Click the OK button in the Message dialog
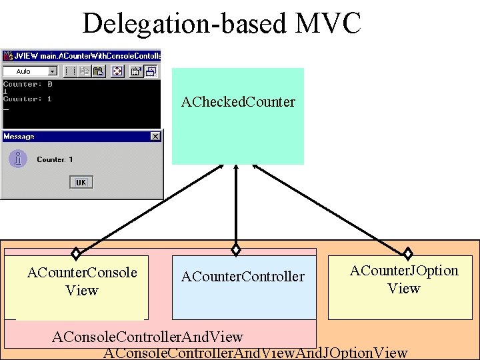point(81,182)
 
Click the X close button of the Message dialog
point(155,137)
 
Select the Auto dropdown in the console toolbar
point(31,71)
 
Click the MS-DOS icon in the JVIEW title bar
point(7,55)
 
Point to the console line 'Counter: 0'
point(28,85)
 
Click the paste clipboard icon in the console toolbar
point(98,71)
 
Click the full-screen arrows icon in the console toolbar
point(116,71)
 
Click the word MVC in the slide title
point(326,24)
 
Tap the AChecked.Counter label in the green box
point(238,102)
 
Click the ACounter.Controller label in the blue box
point(243,277)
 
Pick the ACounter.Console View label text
point(82,281)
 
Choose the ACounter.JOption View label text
point(404,279)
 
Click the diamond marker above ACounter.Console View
point(76,253)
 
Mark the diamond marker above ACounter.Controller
point(235,249)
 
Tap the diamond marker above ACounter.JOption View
point(408,253)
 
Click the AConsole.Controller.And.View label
point(147,337)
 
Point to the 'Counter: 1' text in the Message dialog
point(55,160)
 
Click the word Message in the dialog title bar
point(19,137)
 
